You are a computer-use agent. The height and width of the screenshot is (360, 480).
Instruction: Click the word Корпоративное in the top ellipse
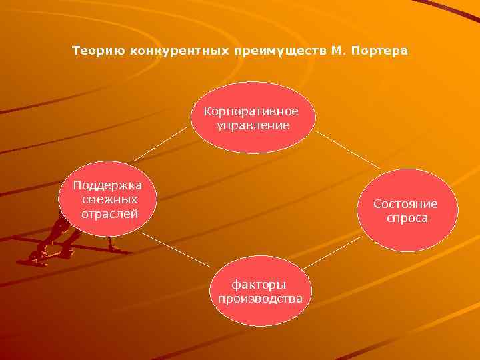[x=251, y=111]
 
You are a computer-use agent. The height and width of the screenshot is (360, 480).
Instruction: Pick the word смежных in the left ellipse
[x=109, y=199]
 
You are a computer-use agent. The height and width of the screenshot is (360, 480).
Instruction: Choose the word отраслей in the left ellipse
[x=109, y=213]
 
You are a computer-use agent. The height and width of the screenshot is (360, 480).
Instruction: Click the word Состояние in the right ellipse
[x=405, y=204]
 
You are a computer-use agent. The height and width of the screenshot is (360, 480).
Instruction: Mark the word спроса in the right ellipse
[x=406, y=218]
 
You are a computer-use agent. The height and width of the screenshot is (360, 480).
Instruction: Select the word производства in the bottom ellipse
[x=260, y=298]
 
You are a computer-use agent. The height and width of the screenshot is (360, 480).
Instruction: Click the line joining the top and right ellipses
[x=347, y=149]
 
